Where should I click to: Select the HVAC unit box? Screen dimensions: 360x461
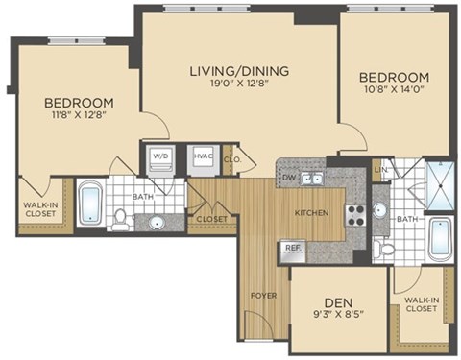click(x=203, y=158)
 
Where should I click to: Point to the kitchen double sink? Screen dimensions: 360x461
click(x=311, y=178)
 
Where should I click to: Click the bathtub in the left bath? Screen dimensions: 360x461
click(x=89, y=204)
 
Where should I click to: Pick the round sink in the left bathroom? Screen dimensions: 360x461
click(x=157, y=224)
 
